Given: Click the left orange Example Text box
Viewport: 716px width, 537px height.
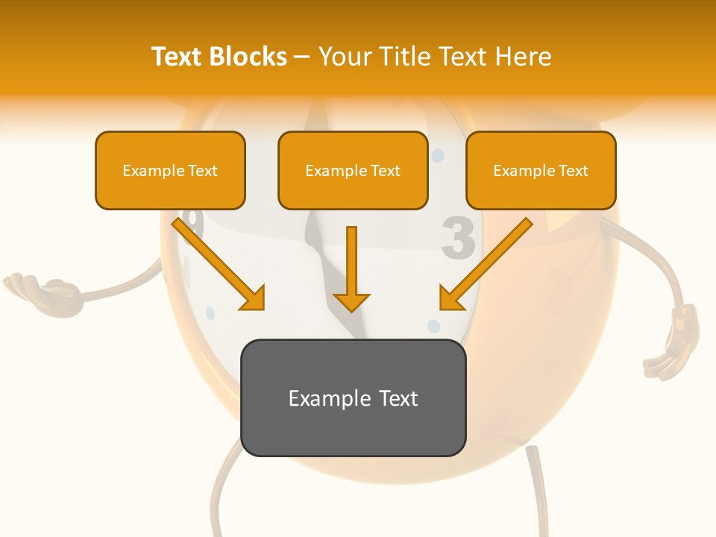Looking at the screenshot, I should pos(170,170).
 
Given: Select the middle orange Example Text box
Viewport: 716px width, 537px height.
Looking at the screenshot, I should pos(353,170).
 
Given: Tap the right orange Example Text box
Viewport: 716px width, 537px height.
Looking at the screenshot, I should pos(541,170).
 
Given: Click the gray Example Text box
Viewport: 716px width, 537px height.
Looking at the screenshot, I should pos(353,398).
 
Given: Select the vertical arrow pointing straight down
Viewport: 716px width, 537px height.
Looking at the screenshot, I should pos(351,268).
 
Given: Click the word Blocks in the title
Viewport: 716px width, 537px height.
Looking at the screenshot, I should pos(249,57).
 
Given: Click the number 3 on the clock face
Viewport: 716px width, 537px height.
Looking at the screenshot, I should pos(458,239).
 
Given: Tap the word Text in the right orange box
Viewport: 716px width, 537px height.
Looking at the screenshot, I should pos(573,171).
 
